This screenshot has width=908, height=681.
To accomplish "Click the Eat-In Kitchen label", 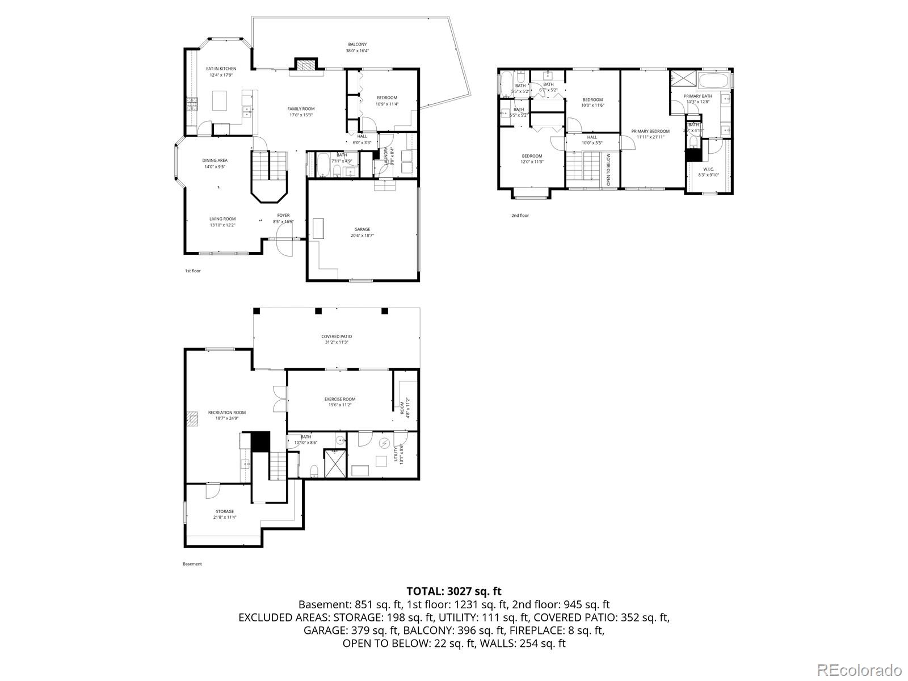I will pos(221,69).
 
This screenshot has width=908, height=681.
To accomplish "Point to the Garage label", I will pos(362,229).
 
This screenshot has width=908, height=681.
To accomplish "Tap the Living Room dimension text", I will pos(222,225).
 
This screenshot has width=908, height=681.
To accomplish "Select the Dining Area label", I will pos(215,160).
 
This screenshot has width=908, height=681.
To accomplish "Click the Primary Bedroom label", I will pos(650,131).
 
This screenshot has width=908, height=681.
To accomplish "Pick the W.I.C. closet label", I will pos(708,169).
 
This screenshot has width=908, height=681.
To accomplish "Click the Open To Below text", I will pos(608,170).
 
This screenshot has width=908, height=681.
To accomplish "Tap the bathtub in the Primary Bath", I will pos(713,80).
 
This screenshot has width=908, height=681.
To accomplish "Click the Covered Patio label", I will pos(337,337).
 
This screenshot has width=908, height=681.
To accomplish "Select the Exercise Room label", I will pos(340,399).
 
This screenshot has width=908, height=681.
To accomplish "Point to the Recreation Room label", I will pos(226,413).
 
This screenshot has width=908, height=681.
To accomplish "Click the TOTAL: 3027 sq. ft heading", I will pos(453,591).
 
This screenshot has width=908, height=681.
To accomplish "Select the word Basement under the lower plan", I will pos(192,564).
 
